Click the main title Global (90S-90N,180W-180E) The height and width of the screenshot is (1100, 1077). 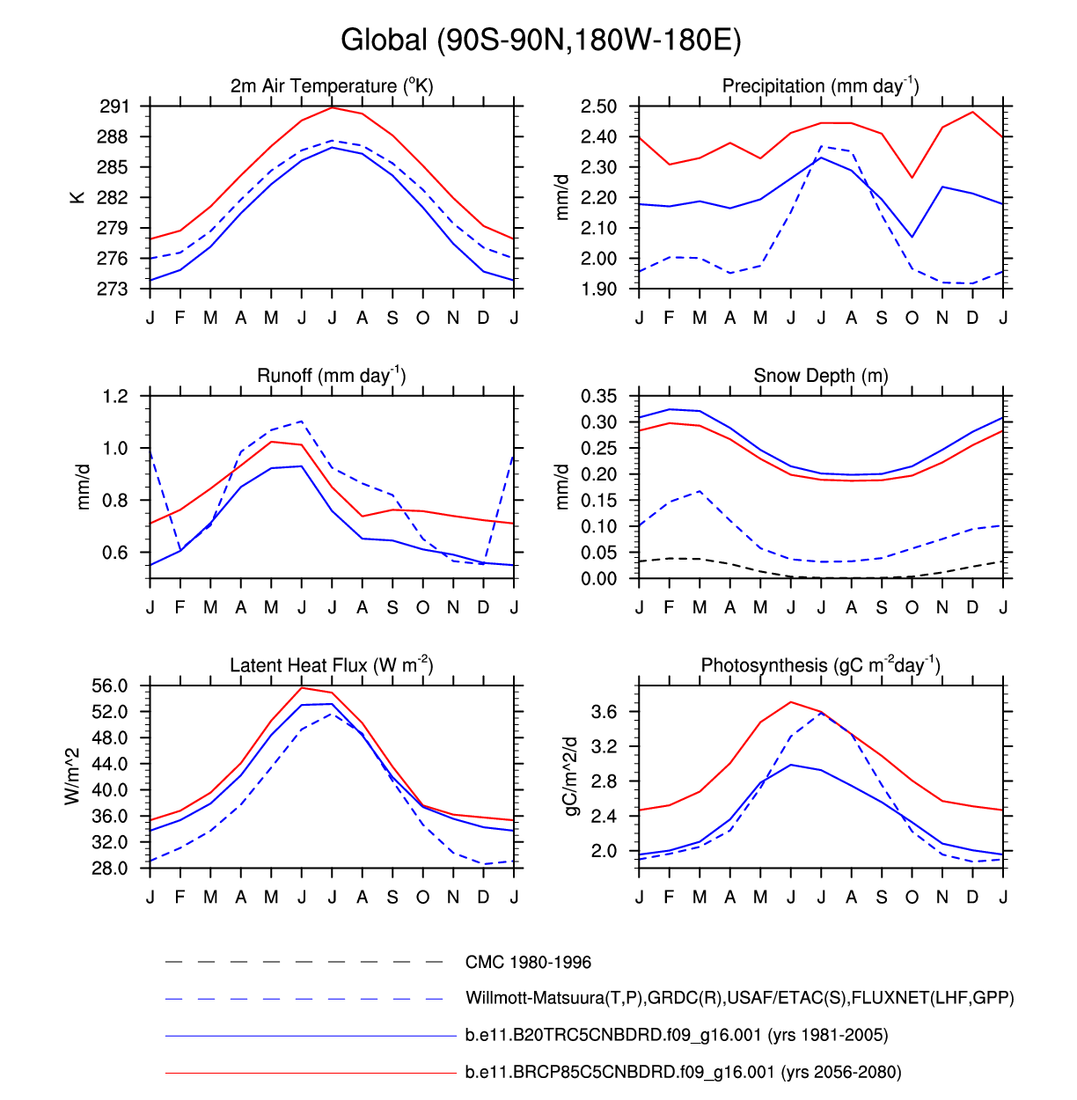tap(540, 40)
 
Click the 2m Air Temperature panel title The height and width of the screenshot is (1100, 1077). tap(332, 85)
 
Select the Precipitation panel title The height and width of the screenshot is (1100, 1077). tap(820, 85)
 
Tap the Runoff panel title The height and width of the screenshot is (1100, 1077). tap(331, 376)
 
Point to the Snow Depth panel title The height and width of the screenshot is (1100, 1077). tap(820, 376)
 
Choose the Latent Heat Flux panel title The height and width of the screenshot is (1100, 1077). tap(331, 665)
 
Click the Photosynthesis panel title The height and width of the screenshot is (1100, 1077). tap(820, 665)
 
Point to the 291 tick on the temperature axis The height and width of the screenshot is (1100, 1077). tap(114, 106)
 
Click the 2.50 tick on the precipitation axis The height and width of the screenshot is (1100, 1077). tap(598, 106)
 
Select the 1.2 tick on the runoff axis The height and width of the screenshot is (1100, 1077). tap(115, 396)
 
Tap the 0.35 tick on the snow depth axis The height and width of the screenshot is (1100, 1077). tap(598, 396)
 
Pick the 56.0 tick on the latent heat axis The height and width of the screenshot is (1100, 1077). tap(110, 686)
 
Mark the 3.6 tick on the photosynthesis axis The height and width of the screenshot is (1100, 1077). tap(604, 711)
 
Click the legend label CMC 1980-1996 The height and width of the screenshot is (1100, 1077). tap(528, 962)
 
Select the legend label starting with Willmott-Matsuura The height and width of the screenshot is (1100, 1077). tap(739, 998)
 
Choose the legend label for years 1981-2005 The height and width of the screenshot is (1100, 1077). tap(676, 1035)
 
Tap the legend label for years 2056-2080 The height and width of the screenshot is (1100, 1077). tap(683, 1072)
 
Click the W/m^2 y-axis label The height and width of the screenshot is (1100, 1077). tap(72, 776)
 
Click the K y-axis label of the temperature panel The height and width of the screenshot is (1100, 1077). tap(77, 197)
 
